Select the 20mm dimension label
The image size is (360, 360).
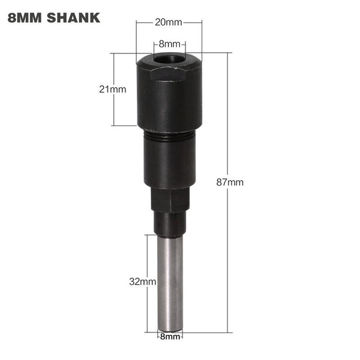click(x=169, y=23)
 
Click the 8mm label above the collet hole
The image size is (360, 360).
click(x=169, y=44)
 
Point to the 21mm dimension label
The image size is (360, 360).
click(x=113, y=89)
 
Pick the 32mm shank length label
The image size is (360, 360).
click(x=143, y=281)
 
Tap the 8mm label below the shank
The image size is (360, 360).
click(x=170, y=337)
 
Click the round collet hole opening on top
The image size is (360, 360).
click(x=169, y=59)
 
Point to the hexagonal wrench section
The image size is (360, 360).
click(x=170, y=197)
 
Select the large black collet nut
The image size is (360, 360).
click(x=169, y=96)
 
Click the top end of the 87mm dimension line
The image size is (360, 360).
click(x=228, y=53)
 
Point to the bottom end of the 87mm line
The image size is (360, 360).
click(x=228, y=332)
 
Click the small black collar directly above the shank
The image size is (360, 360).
click(x=170, y=223)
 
